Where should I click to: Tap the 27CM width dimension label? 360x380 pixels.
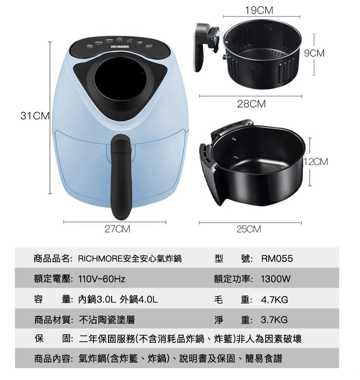click(x=117, y=229)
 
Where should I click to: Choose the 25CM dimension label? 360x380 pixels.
click(x=249, y=229)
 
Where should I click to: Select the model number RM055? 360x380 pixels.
click(x=277, y=259)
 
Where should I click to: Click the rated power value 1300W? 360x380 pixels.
click(x=276, y=279)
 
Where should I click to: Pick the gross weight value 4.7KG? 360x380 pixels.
click(x=274, y=300)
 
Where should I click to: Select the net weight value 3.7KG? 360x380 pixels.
click(x=274, y=319)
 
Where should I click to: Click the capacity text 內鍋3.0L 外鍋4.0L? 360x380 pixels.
click(x=118, y=300)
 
